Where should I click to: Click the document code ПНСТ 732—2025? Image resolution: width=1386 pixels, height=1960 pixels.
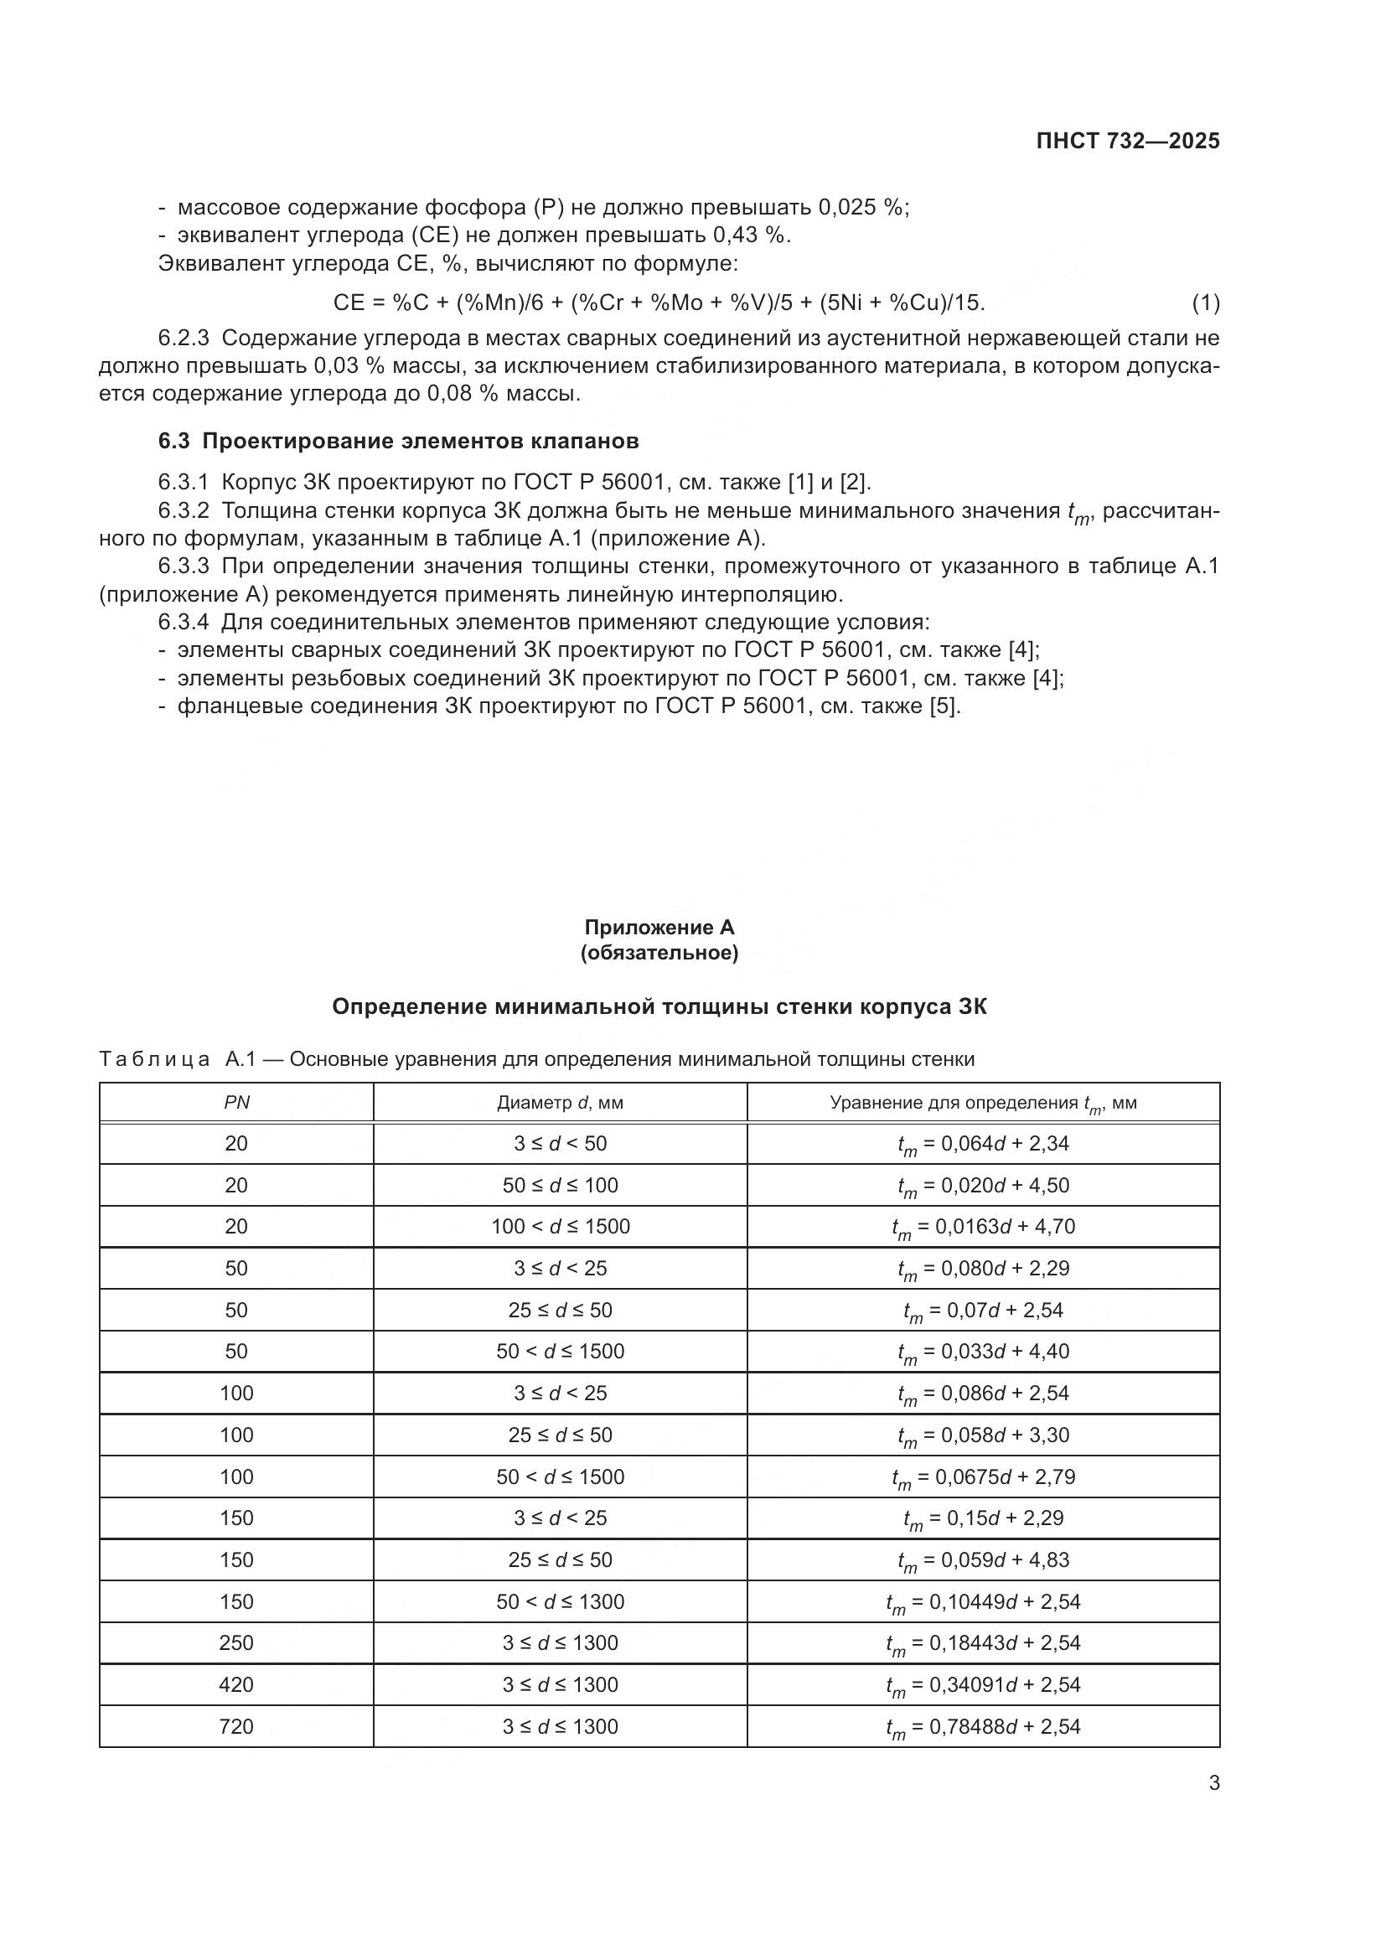[x=1127, y=142]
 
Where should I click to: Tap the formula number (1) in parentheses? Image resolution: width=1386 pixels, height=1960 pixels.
[x=1205, y=303]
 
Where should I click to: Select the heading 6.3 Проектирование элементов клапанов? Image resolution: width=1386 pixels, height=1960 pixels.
[x=399, y=442]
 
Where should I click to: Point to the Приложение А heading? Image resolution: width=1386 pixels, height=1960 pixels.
[x=659, y=927]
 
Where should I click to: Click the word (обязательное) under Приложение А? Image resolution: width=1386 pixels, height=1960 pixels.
[x=659, y=953]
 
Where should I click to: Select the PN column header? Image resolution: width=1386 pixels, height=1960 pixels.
[x=236, y=1102]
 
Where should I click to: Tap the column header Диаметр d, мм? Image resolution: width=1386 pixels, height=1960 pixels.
[x=560, y=1102]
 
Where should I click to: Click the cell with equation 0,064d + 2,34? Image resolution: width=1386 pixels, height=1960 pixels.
[x=983, y=1144]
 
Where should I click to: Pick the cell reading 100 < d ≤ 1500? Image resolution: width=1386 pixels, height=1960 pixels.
[x=560, y=1227]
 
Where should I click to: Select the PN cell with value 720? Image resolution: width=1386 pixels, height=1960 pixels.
[x=236, y=1726]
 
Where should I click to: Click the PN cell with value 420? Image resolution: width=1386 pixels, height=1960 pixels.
[x=236, y=1684]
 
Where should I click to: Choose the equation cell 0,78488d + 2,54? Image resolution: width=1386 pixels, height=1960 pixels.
[x=983, y=1726]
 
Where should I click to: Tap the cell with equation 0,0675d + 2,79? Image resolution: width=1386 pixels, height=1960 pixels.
[x=983, y=1476]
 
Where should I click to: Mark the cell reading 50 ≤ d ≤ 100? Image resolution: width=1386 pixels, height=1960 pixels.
[x=560, y=1185]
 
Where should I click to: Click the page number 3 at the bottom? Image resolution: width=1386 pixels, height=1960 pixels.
[x=1213, y=1783]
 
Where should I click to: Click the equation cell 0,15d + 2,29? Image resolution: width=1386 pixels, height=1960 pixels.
[x=983, y=1518]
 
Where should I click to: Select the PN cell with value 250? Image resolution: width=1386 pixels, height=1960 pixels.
[x=236, y=1642]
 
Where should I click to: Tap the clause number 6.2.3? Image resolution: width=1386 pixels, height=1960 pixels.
[x=184, y=338]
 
